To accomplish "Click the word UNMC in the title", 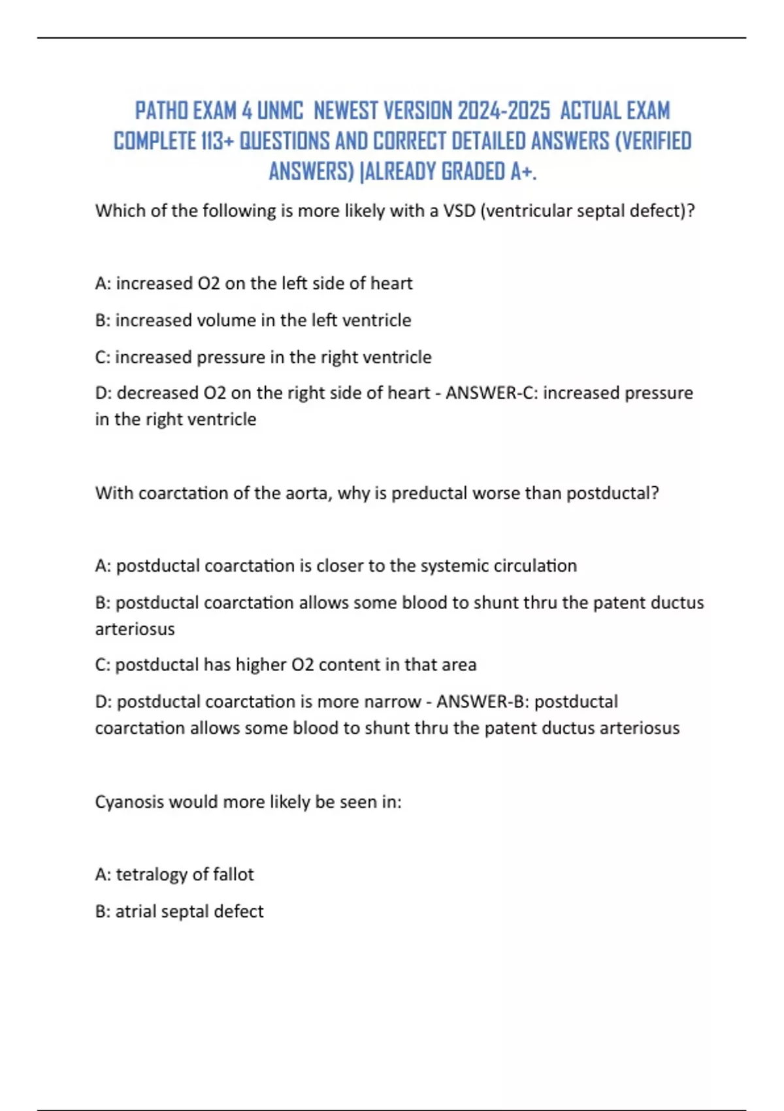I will coord(280,111).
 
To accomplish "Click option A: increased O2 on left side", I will coord(253,283).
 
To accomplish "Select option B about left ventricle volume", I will coord(253,320).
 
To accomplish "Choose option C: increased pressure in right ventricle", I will coord(263,357).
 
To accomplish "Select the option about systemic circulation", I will coord(336,565).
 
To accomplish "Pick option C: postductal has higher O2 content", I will coord(286,665).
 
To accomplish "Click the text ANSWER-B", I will coord(482,701).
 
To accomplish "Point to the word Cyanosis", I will coord(129,802).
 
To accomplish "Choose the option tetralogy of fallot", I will coord(174,874).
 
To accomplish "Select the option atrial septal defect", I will coord(179,911).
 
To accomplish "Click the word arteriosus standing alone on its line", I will coord(135,629).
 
